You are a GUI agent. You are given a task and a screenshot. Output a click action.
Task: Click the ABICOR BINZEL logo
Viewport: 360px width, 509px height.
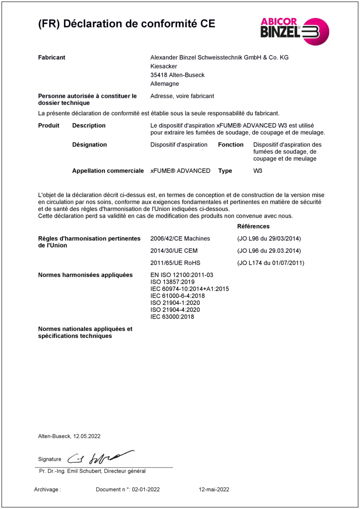click(x=295, y=31)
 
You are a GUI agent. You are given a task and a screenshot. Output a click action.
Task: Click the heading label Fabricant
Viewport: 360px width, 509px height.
click(x=52, y=58)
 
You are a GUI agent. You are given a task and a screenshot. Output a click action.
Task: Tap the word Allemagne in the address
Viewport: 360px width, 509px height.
click(x=165, y=84)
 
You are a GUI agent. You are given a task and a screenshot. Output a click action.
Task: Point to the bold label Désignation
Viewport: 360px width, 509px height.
click(x=90, y=145)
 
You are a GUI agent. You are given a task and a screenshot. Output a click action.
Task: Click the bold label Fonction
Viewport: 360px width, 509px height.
click(x=231, y=145)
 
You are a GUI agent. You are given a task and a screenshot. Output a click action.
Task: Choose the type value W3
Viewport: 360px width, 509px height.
click(x=258, y=171)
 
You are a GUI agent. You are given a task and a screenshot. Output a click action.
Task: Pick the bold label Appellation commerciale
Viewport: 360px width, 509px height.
click(x=108, y=171)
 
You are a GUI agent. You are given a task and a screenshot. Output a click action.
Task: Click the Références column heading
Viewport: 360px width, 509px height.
click(x=253, y=226)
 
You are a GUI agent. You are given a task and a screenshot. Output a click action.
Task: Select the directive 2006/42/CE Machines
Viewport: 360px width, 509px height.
click(x=180, y=239)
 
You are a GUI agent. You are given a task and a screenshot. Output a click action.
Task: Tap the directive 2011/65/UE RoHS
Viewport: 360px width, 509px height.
click(x=175, y=263)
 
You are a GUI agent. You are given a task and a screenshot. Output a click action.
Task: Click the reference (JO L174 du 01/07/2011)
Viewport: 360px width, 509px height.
click(x=271, y=263)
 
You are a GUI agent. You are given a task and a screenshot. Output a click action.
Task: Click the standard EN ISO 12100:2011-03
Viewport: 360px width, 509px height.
click(x=182, y=275)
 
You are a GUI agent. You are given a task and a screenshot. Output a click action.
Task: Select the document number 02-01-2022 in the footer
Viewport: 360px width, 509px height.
click(x=146, y=490)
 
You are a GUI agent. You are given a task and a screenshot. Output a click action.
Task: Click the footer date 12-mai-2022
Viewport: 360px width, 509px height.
click(x=214, y=490)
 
